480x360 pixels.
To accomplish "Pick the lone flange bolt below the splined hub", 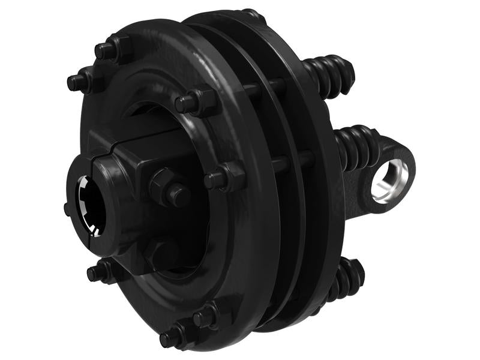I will tap(99, 272).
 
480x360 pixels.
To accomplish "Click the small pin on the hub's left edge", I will tap(66, 209).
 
